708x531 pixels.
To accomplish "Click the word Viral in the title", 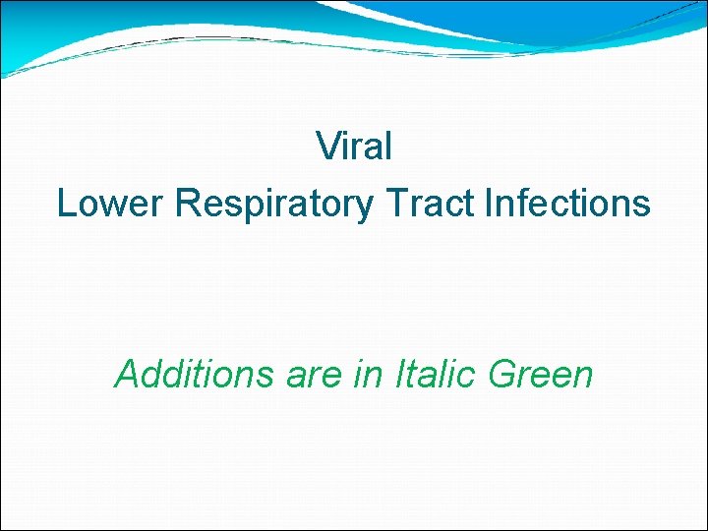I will (354, 147).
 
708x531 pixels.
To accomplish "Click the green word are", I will (310, 376).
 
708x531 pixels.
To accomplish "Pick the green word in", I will (369, 374).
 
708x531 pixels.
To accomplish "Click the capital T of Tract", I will (396, 204).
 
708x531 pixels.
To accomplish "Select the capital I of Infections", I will (489, 204).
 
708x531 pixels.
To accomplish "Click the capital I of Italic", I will (400, 374).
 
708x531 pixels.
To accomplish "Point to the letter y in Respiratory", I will (365, 208).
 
